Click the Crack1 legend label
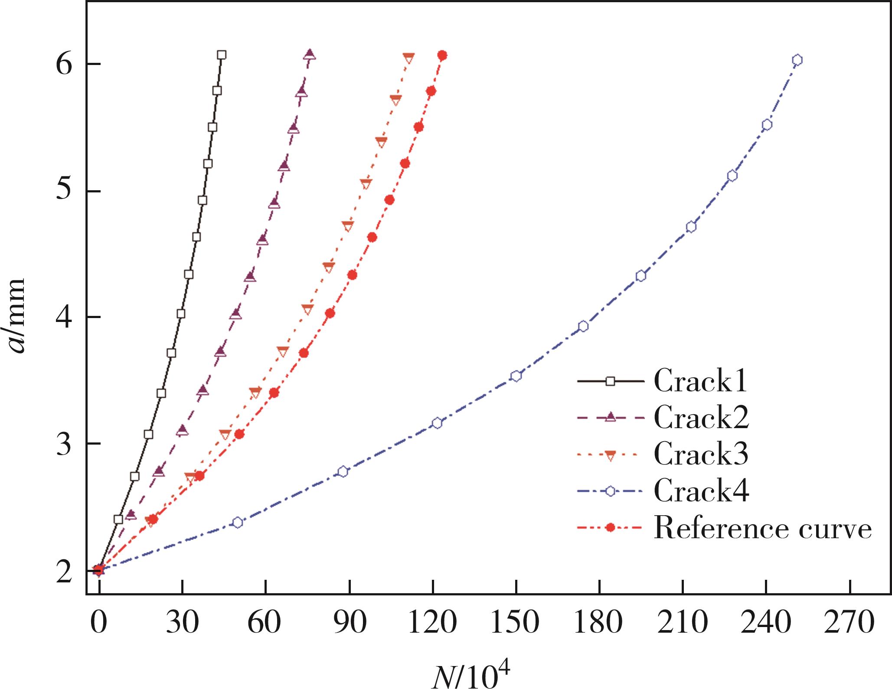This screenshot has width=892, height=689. (700, 381)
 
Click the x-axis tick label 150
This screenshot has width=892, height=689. (516, 623)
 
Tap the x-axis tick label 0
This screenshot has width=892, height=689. (99, 623)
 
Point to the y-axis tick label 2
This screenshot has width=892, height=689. (64, 572)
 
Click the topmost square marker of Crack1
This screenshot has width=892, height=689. (222, 55)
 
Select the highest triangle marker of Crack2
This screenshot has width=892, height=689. (310, 54)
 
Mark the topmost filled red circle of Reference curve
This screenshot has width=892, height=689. (442, 55)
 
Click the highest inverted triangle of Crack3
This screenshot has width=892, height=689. (408, 58)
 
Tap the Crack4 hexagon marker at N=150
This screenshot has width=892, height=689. (516, 376)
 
